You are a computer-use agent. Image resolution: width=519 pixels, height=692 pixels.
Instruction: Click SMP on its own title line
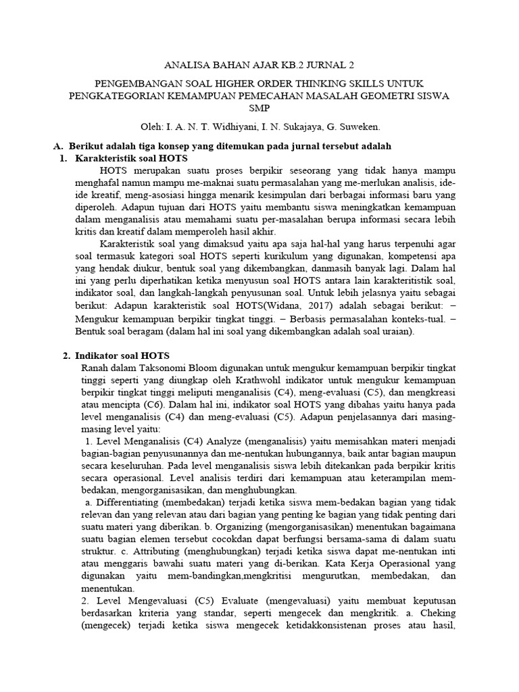pyautogui.click(x=259, y=108)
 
